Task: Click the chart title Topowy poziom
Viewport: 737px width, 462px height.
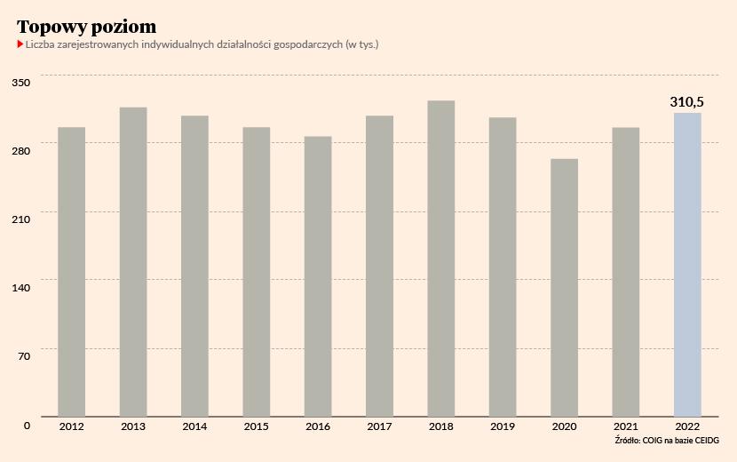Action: pos(87,27)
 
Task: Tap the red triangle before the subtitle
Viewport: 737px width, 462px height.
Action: pos(20,44)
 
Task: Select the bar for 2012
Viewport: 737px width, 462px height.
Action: pos(72,271)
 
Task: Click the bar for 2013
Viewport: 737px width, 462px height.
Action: pos(133,261)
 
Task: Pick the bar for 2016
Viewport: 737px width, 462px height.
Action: pos(318,275)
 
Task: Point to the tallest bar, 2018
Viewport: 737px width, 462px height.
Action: pos(441,258)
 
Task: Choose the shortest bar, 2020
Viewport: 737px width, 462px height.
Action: pos(564,287)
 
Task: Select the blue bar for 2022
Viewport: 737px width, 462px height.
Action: pos(687,264)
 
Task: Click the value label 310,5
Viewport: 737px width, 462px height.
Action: pos(687,102)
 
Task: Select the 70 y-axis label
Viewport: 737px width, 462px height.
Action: pos(25,355)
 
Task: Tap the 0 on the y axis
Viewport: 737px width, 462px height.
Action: pos(27,425)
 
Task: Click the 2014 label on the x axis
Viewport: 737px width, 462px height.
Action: pos(194,427)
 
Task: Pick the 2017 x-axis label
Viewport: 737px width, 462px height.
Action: pos(379,427)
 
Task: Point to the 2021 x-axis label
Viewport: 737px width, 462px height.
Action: pos(625,427)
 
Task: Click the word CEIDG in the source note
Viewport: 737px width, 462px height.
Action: pos(704,442)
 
